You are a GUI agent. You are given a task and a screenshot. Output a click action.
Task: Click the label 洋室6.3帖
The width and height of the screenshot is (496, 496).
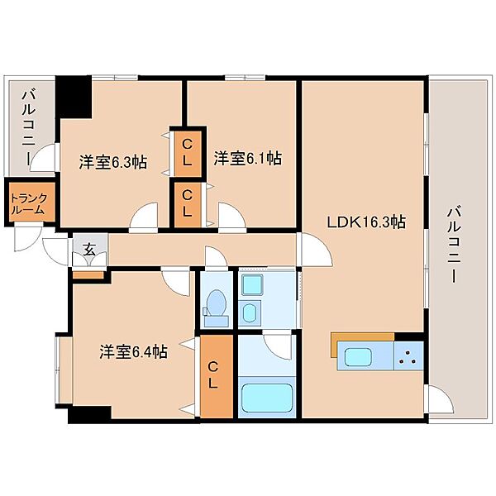pyautogui.click(x=113, y=162)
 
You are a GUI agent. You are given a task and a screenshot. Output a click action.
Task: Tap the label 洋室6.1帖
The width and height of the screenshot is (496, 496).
pyautogui.click(x=247, y=158)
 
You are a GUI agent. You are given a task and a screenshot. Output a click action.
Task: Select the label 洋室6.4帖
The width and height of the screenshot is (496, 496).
pyautogui.click(x=133, y=351)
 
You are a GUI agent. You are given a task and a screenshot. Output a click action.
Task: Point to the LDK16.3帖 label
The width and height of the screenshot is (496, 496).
pyautogui.click(x=366, y=222)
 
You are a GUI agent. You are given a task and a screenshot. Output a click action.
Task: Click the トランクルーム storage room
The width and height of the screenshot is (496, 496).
pyautogui.click(x=30, y=202)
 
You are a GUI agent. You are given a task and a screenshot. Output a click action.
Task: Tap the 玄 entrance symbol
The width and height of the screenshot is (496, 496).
pyautogui.click(x=89, y=250)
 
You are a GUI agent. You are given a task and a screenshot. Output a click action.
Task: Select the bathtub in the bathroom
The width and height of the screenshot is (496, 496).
pyautogui.click(x=267, y=398)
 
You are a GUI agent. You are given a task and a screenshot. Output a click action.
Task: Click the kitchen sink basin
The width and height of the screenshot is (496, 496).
pyautogui.click(x=357, y=357)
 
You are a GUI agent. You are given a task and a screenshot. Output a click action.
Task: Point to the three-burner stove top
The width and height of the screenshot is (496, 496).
pyautogui.click(x=408, y=355)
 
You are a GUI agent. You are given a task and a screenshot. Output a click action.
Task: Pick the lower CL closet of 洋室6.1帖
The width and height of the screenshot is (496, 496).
pyautogui.click(x=188, y=205)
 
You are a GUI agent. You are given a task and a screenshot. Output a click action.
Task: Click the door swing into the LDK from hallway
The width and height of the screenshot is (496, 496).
pyautogui.click(x=317, y=250)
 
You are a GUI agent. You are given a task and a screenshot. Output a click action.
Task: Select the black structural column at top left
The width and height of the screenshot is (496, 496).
pyautogui.click(x=74, y=97)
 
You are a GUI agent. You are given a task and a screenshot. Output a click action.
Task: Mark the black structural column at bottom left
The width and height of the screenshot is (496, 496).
pyautogui.click(x=89, y=414)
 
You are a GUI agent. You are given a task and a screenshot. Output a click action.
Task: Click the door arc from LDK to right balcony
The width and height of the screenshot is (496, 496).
pyautogui.click(x=442, y=399)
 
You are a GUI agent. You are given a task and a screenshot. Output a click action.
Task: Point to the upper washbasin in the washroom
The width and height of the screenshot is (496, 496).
pyautogui.click(x=252, y=284)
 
